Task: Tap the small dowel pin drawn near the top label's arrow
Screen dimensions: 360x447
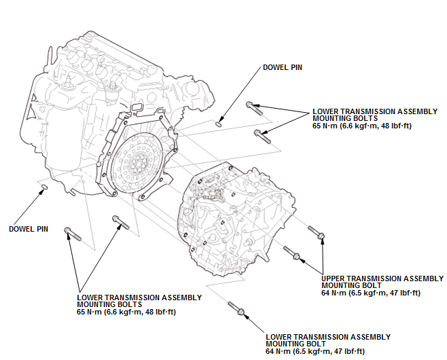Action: (x=219, y=123)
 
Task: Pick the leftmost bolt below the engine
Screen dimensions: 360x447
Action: (x=72, y=235)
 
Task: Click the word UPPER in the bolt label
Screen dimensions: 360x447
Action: (x=335, y=278)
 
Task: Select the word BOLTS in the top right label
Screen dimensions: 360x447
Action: (x=368, y=118)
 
